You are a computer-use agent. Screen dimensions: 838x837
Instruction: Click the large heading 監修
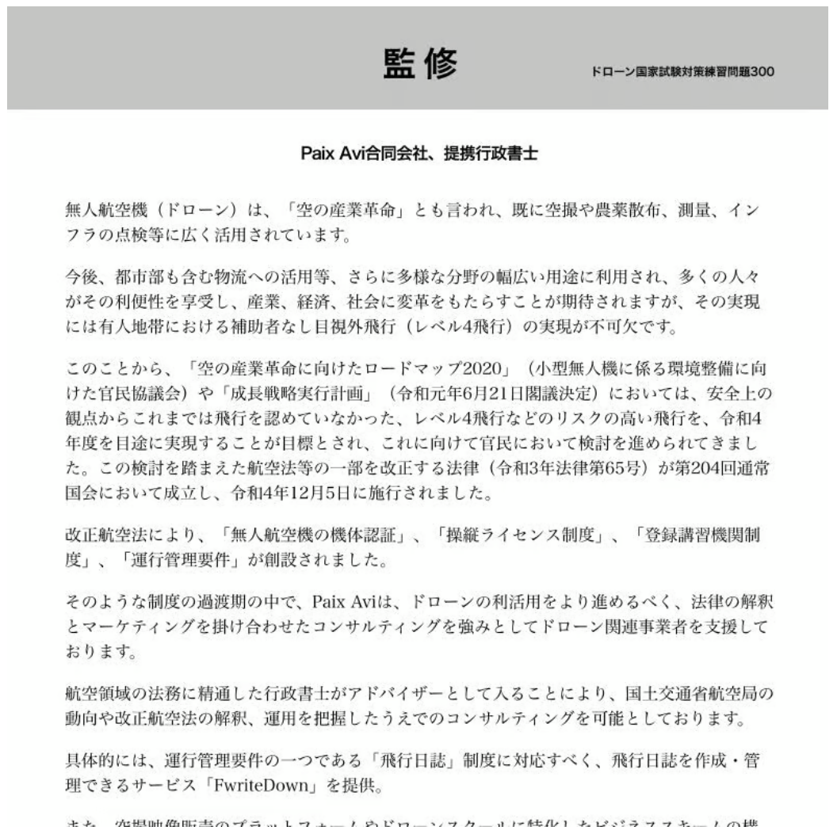pyautogui.click(x=420, y=64)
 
